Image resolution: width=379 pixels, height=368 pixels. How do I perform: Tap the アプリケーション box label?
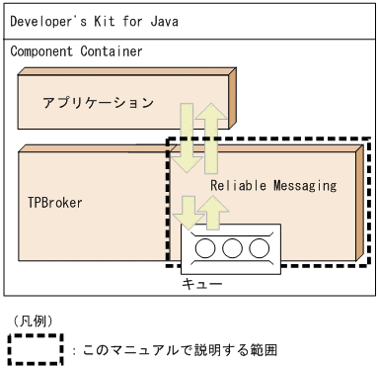pos(98,103)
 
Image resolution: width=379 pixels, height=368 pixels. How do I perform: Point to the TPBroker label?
pos(54,203)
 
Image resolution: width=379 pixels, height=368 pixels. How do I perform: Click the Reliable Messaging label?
pos(273,185)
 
